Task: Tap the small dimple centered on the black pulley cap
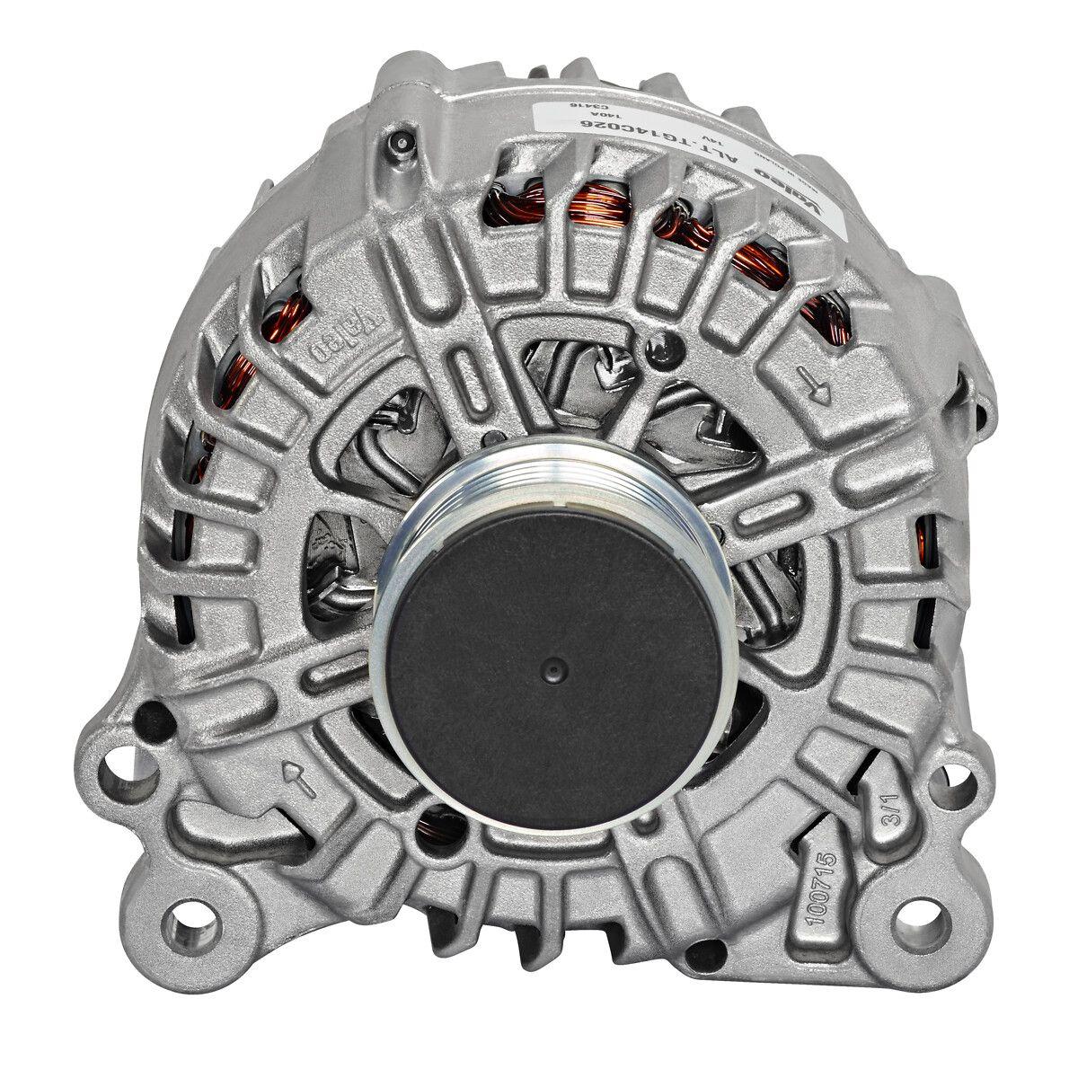coord(552,670)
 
